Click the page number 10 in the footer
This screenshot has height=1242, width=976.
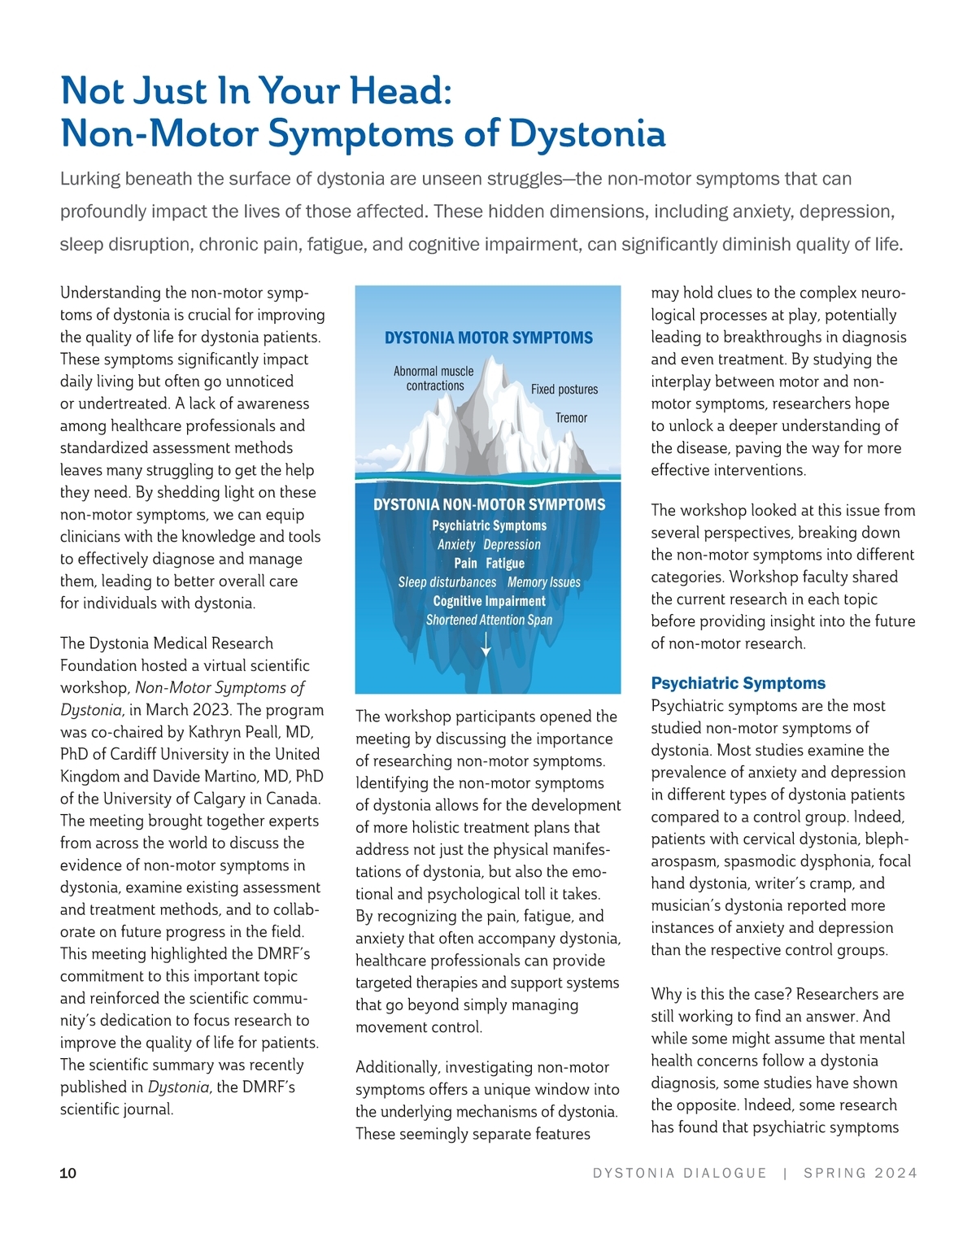[x=68, y=1173]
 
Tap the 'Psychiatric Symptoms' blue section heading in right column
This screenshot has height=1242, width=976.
[x=738, y=683]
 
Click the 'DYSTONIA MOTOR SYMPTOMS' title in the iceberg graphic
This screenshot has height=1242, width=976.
[x=488, y=338]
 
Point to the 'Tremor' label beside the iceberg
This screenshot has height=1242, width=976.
[x=571, y=418]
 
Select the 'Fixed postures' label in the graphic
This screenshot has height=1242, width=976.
[x=564, y=390]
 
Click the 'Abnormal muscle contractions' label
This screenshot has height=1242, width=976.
[x=434, y=378]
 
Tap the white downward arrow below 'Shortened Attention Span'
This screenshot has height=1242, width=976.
[x=486, y=643]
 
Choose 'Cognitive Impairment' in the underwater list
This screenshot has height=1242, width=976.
[x=489, y=601]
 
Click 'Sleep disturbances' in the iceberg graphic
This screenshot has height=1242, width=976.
[x=447, y=582]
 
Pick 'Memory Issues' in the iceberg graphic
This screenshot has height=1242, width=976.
[x=543, y=582]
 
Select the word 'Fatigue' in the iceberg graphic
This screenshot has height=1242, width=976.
[x=505, y=564]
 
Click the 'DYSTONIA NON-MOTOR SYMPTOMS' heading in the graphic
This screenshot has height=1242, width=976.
[x=489, y=504]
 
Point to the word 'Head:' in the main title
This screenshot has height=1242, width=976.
[x=401, y=90]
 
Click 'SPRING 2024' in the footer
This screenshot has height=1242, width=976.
[x=860, y=1173]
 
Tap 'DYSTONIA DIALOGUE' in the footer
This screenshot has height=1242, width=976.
[x=679, y=1173]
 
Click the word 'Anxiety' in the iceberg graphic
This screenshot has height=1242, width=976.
[x=455, y=545]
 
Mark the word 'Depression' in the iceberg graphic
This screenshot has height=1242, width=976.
[x=512, y=545]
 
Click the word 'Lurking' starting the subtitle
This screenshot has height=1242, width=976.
[x=89, y=179]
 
